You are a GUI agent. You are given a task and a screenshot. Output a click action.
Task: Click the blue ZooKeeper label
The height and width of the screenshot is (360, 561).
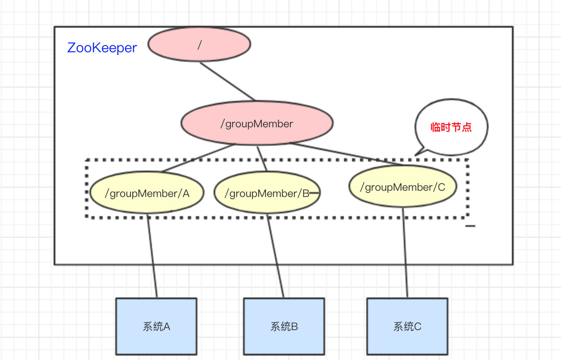click(x=102, y=48)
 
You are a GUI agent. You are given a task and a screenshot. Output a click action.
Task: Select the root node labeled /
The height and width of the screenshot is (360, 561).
click(x=199, y=44)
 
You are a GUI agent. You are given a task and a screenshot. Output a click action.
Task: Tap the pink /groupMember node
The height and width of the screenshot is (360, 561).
click(x=257, y=123)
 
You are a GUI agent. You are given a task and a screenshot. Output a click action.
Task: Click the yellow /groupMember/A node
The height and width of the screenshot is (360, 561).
click(x=147, y=193)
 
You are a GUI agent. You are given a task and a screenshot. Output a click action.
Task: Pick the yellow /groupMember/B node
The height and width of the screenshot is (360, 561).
click(x=267, y=193)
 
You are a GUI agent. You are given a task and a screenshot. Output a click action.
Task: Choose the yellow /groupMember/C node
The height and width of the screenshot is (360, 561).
click(x=403, y=186)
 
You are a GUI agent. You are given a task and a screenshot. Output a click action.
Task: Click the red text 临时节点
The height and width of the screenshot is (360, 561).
click(x=451, y=127)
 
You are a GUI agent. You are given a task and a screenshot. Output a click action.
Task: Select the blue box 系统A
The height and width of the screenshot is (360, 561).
click(x=156, y=326)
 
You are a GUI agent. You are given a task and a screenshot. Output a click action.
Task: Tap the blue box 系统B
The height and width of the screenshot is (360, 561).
click(x=284, y=326)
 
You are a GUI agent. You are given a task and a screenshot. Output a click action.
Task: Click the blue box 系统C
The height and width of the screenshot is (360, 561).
click(x=407, y=326)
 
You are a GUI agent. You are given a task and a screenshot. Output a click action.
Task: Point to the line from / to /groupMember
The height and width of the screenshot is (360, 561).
click(x=227, y=81)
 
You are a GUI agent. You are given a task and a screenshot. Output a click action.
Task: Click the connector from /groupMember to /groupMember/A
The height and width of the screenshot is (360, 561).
click(x=198, y=158)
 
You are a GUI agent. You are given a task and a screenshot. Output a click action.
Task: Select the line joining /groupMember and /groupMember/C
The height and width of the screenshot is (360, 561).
click(x=346, y=154)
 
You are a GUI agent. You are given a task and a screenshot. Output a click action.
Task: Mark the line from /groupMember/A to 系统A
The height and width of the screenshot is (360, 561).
click(x=152, y=255)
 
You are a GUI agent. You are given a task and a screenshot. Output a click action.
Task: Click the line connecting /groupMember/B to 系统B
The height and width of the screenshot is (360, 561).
click(x=275, y=255)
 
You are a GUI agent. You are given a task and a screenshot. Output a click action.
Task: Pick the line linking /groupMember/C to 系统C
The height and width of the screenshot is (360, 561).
click(x=405, y=252)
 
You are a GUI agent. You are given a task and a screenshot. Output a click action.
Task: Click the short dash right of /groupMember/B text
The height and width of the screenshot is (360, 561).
click(x=314, y=193)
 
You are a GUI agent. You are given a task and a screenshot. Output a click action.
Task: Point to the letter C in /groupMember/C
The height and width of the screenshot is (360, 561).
click(x=441, y=187)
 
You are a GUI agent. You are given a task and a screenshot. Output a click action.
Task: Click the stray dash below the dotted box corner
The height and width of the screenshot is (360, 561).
click(x=470, y=226)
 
